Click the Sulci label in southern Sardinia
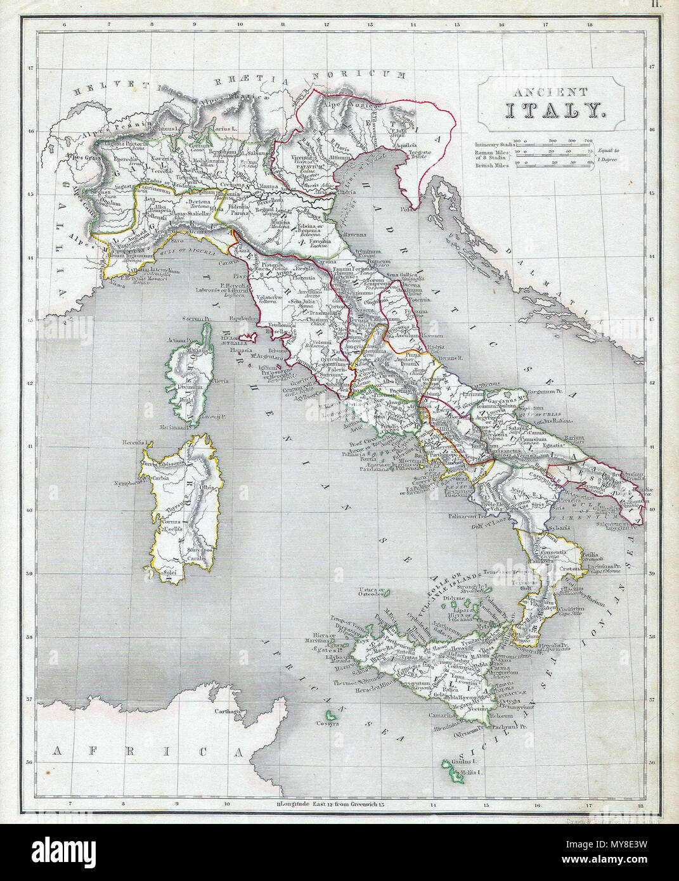(169, 573)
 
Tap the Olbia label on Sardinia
(206, 487)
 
